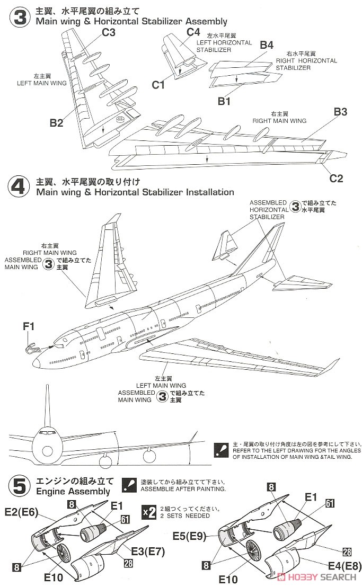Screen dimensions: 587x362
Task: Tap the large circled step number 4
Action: [19, 187]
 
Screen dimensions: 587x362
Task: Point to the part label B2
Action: [57, 122]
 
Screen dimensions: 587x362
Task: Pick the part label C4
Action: [193, 32]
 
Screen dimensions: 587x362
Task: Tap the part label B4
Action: [267, 45]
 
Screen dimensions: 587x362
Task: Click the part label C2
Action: [337, 179]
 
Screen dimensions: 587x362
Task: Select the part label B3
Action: [340, 112]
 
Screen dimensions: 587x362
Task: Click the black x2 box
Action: [149, 511]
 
